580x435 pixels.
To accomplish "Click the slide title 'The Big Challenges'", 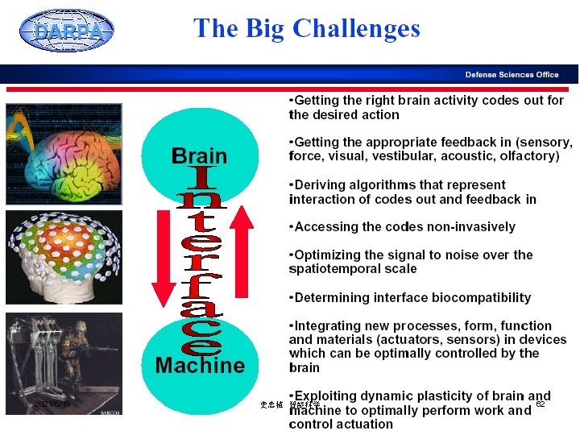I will coord(307,29).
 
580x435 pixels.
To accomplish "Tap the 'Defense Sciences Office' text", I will coord(512,74).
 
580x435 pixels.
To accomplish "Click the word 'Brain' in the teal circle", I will coord(200,155).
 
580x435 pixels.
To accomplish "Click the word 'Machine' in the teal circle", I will coord(200,366).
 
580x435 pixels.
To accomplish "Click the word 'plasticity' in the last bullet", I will coord(452,396).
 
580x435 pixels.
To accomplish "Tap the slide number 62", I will coord(541,404).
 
